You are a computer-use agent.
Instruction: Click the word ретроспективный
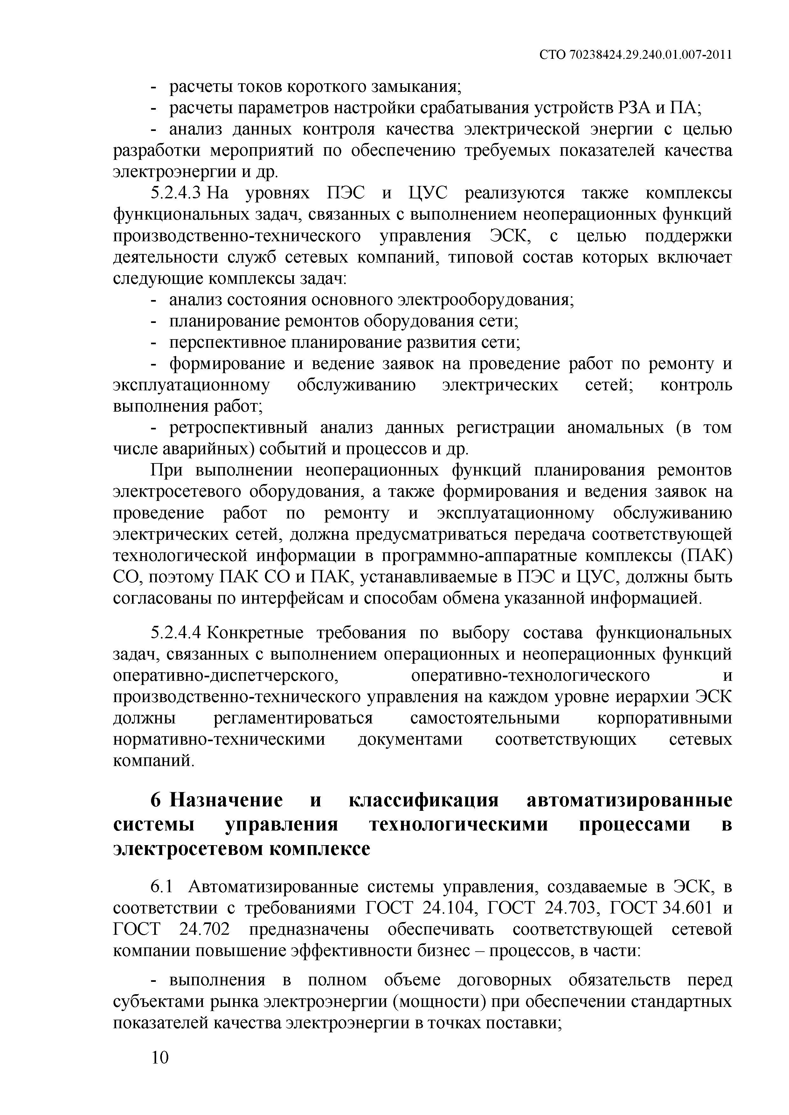coord(239,428)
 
